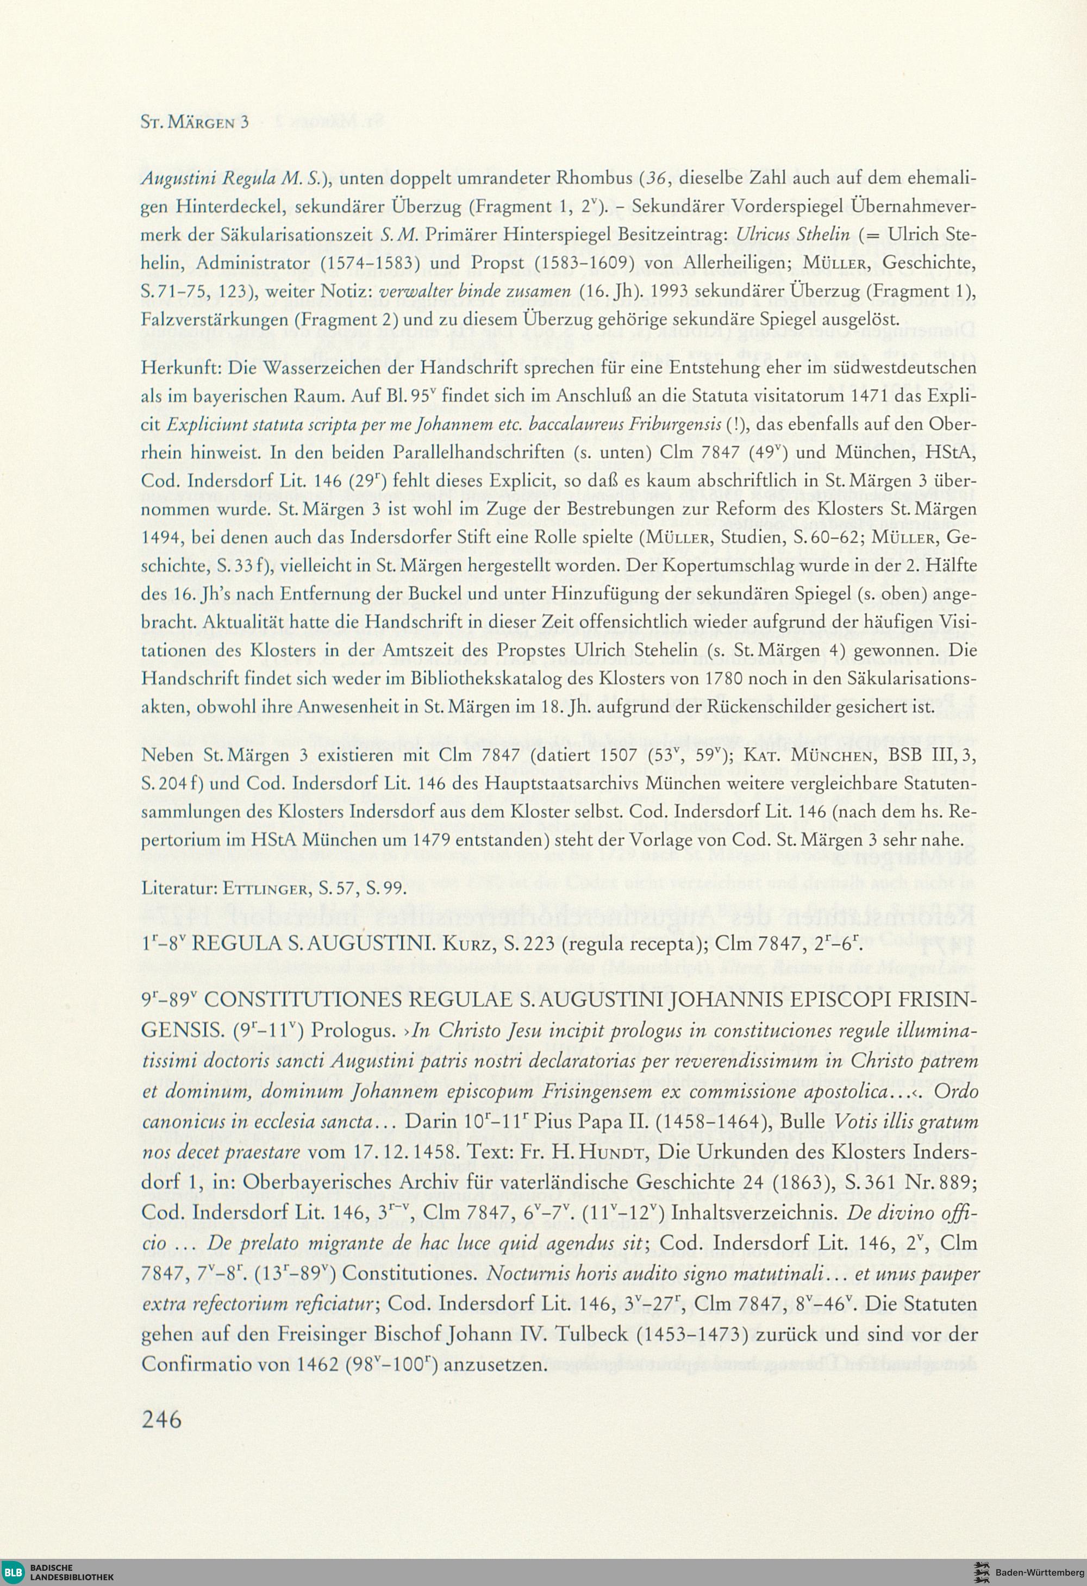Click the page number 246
point(162,1419)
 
